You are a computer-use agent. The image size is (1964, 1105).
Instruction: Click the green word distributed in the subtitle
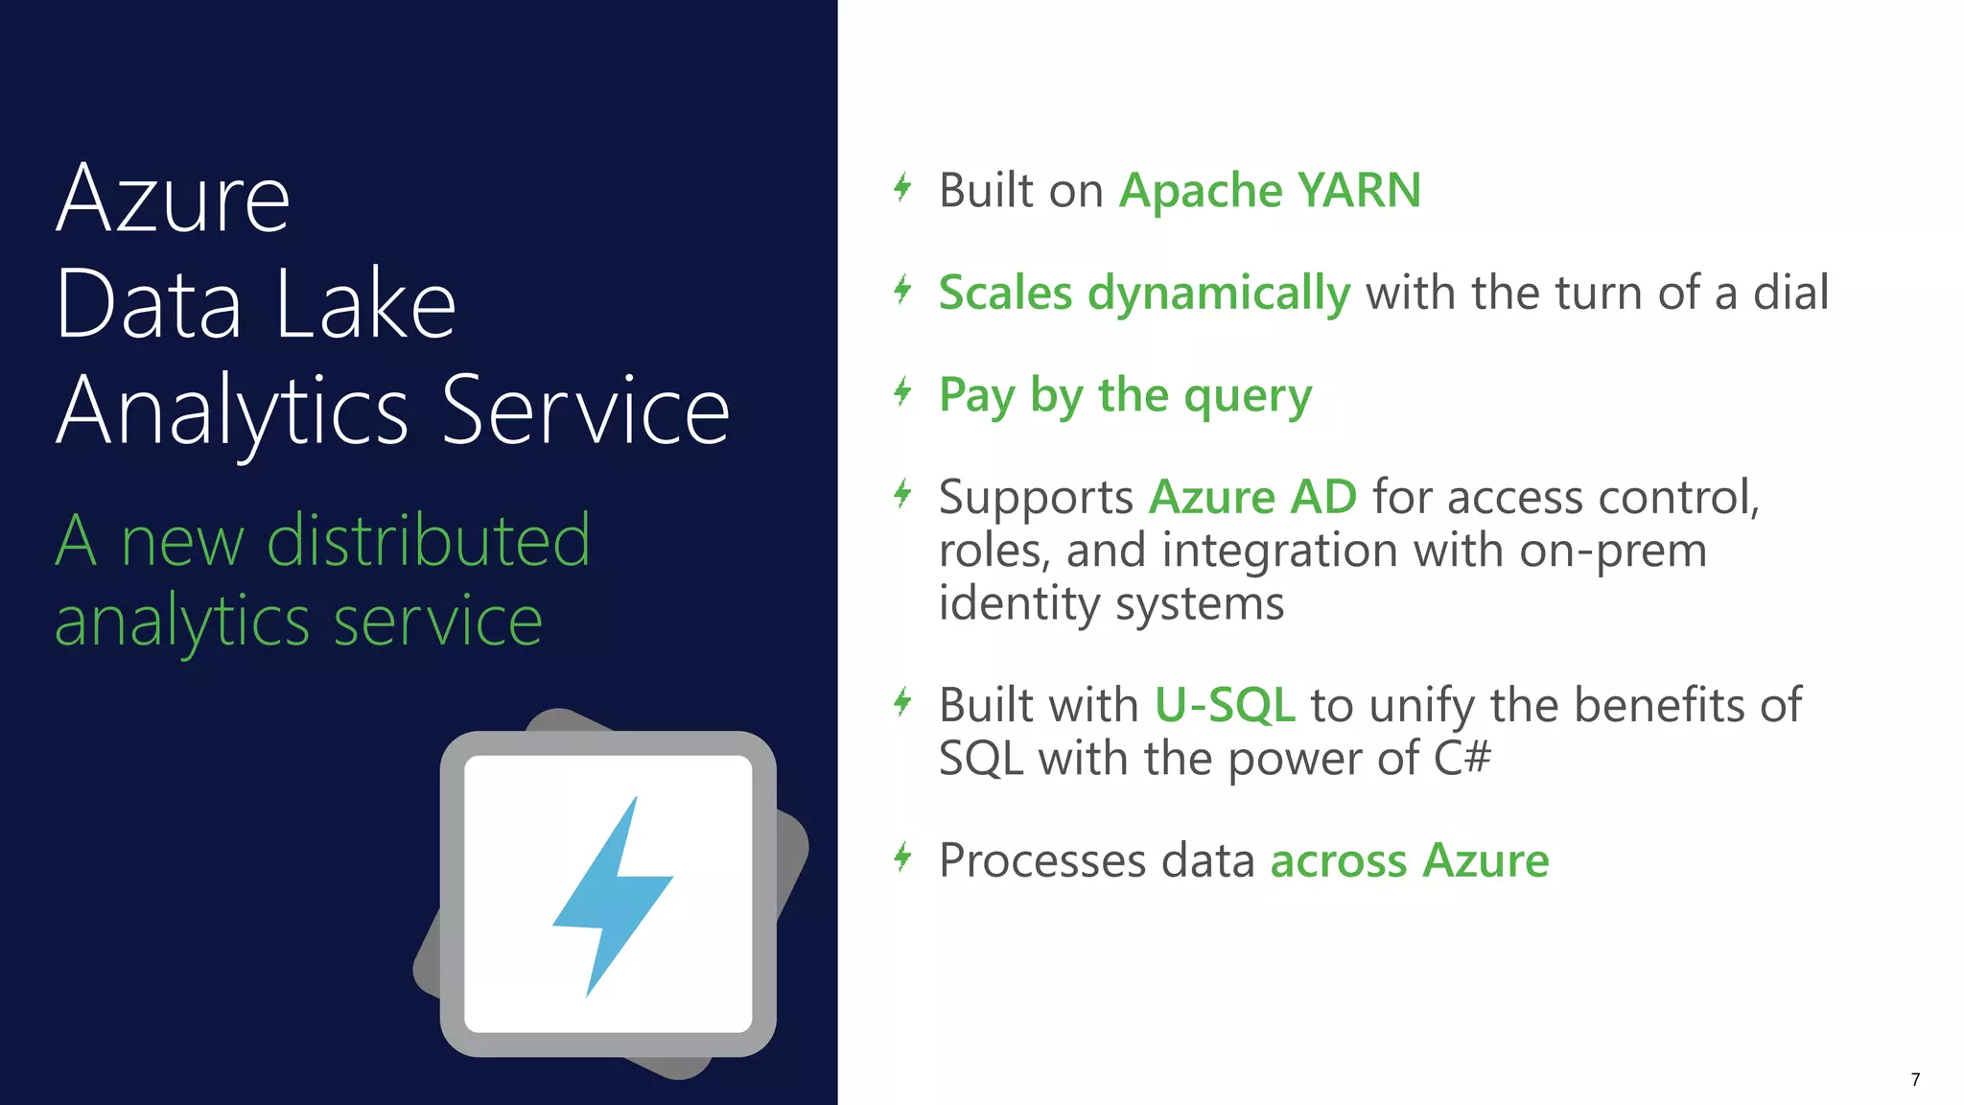(428, 541)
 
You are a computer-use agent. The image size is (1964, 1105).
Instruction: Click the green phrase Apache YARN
(1270, 190)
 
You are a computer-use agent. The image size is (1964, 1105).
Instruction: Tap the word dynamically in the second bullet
(1218, 294)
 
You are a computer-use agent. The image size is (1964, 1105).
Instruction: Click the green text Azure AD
(1252, 498)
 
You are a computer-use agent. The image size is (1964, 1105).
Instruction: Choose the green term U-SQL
(1225, 705)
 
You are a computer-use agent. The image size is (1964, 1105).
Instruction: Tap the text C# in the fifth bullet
(1462, 759)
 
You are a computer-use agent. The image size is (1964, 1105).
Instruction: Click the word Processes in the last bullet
(1041, 860)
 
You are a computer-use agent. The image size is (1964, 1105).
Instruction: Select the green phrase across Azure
(1409, 860)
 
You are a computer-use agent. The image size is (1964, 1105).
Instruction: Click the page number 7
(1915, 1080)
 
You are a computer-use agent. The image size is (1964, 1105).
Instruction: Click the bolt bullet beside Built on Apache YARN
(902, 187)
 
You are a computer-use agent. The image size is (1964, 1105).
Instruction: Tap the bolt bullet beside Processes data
(902, 857)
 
